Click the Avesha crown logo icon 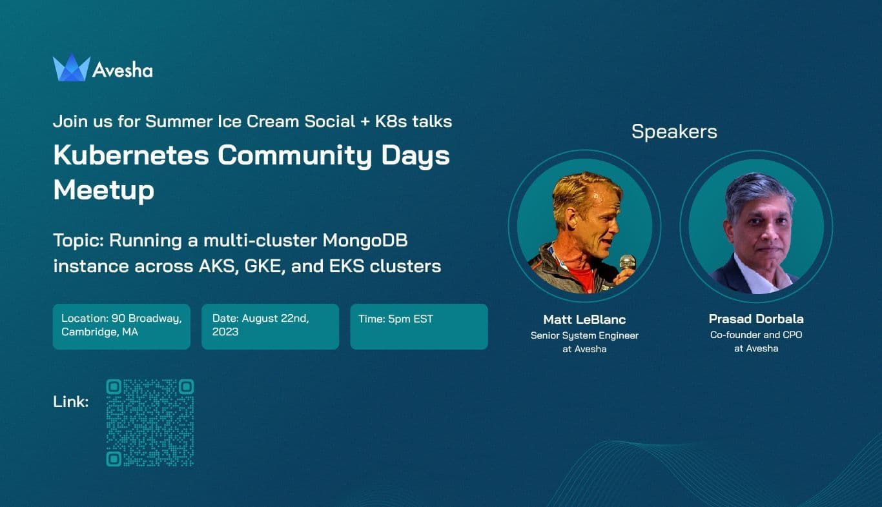(x=71, y=68)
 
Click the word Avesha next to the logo (x=122, y=70)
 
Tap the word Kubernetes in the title (x=132, y=156)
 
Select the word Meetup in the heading (x=103, y=190)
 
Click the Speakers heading (x=674, y=132)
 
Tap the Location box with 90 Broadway (x=121, y=326)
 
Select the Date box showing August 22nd (x=270, y=326)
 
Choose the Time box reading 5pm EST (x=418, y=326)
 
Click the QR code (x=150, y=422)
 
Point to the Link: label (x=71, y=402)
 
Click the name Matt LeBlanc (x=584, y=319)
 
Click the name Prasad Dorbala (x=756, y=319)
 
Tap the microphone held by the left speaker (x=627, y=263)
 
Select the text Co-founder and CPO (x=756, y=335)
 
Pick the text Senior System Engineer (x=584, y=335)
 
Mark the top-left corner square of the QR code (x=114, y=387)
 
